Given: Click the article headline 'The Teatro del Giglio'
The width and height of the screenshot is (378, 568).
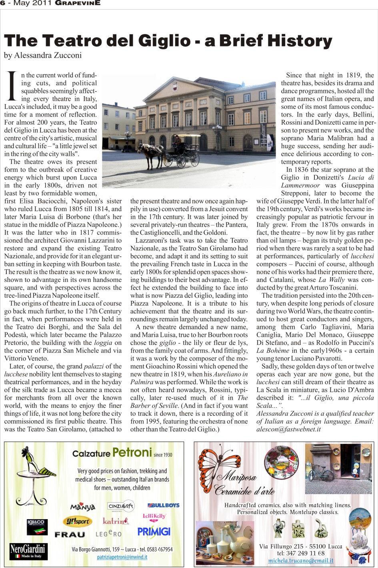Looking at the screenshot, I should (x=168, y=41).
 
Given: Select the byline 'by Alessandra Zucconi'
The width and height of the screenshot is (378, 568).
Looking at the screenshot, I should (x=43, y=56).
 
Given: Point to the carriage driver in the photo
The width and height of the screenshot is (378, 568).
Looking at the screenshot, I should (x=176, y=141).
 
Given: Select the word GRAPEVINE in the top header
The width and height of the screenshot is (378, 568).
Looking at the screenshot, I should (x=78, y=3).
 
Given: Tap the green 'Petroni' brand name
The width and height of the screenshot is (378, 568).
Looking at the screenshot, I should (x=132, y=453).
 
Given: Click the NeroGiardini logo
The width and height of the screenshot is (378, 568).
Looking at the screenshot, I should (x=28, y=551).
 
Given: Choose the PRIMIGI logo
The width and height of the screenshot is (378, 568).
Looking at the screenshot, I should (x=154, y=532).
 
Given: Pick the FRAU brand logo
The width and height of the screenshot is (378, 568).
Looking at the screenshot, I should (x=70, y=534).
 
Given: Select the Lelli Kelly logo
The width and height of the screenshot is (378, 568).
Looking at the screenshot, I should (x=154, y=517).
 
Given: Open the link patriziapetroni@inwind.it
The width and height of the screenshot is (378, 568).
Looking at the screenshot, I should (x=122, y=557).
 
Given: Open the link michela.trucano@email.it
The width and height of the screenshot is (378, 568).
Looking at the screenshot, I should (x=300, y=561).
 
